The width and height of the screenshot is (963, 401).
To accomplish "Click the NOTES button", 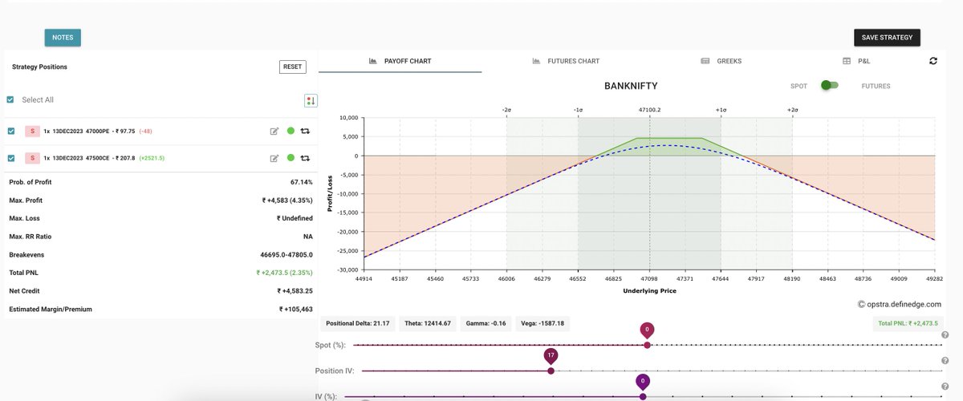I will pyautogui.click(x=63, y=37).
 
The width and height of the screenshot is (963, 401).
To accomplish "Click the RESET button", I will pyautogui.click(x=293, y=67).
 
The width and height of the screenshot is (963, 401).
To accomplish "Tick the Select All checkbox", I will pyautogui.click(x=10, y=99).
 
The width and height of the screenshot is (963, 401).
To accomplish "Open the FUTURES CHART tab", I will pyautogui.click(x=566, y=61).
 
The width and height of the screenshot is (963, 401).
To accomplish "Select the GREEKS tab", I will pyautogui.click(x=721, y=61).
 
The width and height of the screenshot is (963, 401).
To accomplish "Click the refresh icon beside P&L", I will pyautogui.click(x=933, y=61).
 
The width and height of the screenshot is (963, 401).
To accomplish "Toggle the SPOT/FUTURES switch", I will pyautogui.click(x=829, y=86).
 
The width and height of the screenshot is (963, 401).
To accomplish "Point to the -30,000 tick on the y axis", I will pyautogui.click(x=346, y=270).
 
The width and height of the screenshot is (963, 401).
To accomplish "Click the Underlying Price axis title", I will pyautogui.click(x=649, y=291).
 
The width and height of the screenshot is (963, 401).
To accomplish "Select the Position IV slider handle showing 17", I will pyautogui.click(x=551, y=371).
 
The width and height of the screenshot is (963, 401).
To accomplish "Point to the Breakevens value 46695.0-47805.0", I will pyautogui.click(x=286, y=254).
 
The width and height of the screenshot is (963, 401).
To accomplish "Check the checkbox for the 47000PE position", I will pyautogui.click(x=10, y=131).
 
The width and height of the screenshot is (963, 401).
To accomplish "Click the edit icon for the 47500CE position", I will pyautogui.click(x=274, y=158).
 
